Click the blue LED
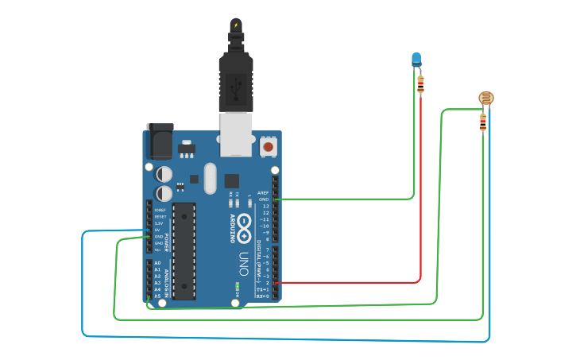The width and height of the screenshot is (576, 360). pyautogui.click(x=416, y=58)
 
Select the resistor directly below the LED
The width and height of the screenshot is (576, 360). pyautogui.click(x=420, y=83)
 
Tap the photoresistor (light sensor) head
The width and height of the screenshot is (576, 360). pyautogui.click(x=485, y=99)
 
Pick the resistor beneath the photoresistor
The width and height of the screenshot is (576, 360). pyautogui.click(x=483, y=122)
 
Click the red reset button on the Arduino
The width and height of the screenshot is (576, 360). pyautogui.click(x=269, y=147)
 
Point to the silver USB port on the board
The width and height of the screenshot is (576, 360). pyautogui.click(x=236, y=133)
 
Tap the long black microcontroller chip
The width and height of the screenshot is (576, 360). pyautogui.click(x=184, y=250)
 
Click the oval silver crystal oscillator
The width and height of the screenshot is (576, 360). pyautogui.click(x=210, y=178)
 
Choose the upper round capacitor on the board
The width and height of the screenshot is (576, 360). pyautogui.click(x=164, y=173)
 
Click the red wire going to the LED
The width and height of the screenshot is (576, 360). pyautogui.click(x=420, y=199)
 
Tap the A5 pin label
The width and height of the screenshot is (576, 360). pyautogui.click(x=157, y=296)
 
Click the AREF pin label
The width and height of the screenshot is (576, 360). pyautogui.click(x=264, y=192)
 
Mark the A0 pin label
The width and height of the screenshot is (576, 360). pyautogui.click(x=157, y=263)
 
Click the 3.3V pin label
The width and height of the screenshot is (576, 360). pyautogui.click(x=159, y=223)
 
